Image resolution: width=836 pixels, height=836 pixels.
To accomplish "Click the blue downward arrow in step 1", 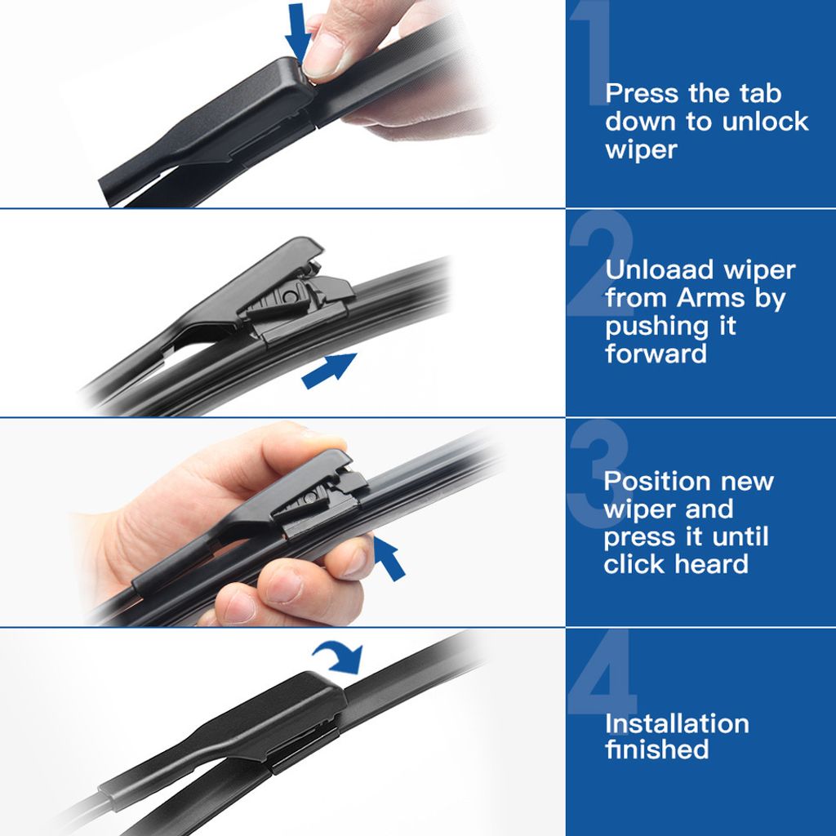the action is [297, 32].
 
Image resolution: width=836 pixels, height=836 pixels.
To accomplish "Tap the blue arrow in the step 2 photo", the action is [329, 370].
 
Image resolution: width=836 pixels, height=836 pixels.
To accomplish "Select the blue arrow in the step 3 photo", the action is [389, 558].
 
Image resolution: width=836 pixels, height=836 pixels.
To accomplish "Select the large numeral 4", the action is [603, 674].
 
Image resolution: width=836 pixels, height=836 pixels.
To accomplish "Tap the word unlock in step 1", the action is [765, 121].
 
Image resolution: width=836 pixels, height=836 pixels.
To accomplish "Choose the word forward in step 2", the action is [656, 353].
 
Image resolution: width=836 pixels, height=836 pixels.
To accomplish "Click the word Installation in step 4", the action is [677, 723].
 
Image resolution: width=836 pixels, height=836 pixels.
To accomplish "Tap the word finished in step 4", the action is [657, 749].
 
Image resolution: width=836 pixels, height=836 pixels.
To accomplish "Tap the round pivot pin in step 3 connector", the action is [309, 498].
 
